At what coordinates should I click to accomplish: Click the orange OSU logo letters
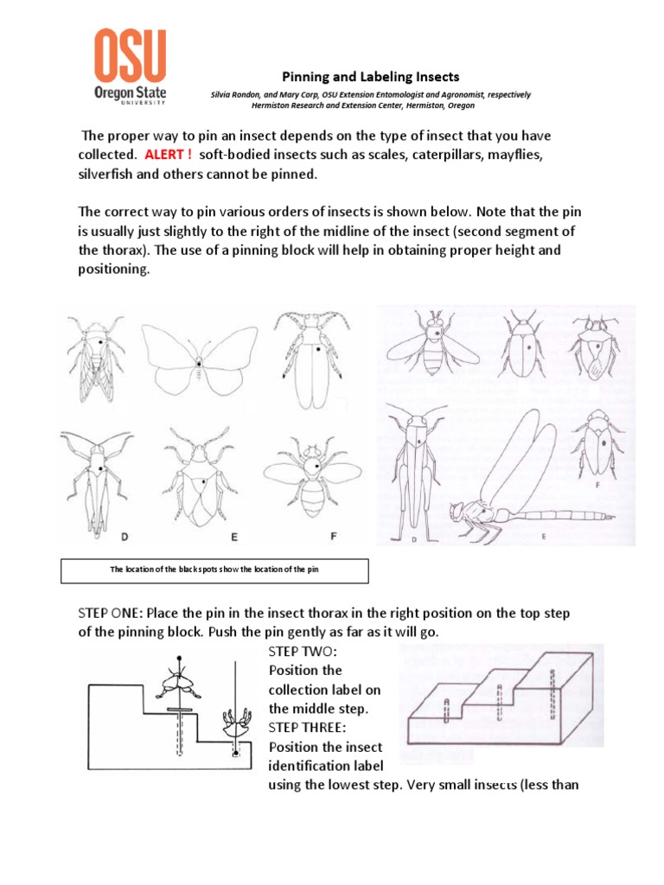point(130,56)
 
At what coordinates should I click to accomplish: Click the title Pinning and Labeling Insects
point(372,77)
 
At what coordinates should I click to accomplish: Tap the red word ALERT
point(168,154)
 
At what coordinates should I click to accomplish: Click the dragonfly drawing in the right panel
point(519,484)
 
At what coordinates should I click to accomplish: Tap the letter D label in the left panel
point(124,537)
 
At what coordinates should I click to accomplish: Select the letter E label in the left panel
point(233,537)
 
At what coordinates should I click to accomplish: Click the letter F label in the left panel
point(334,537)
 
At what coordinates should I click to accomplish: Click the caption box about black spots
point(215,570)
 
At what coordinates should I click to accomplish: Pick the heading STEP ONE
point(111,613)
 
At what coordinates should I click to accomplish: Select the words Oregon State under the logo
point(130,93)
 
